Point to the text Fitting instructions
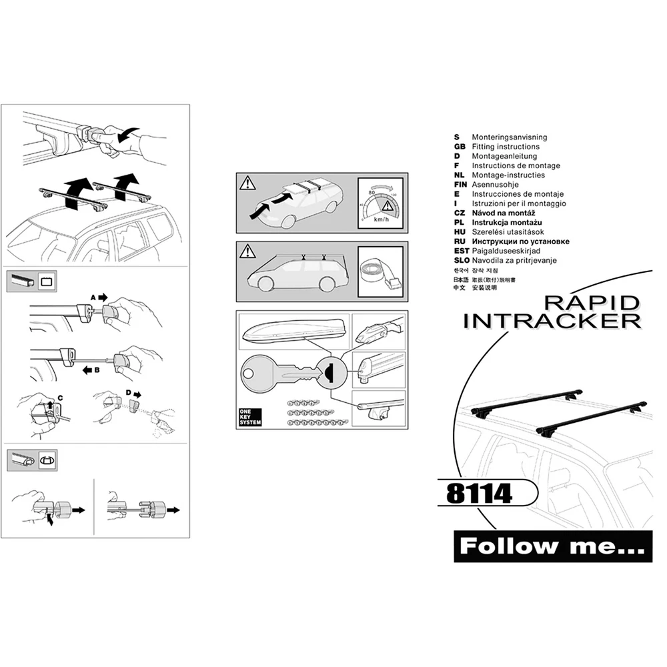point(506,147)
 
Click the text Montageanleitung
point(504,156)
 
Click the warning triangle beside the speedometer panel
point(247,182)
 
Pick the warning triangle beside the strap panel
point(247,251)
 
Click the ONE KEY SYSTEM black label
point(249,417)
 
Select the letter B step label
point(97,368)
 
